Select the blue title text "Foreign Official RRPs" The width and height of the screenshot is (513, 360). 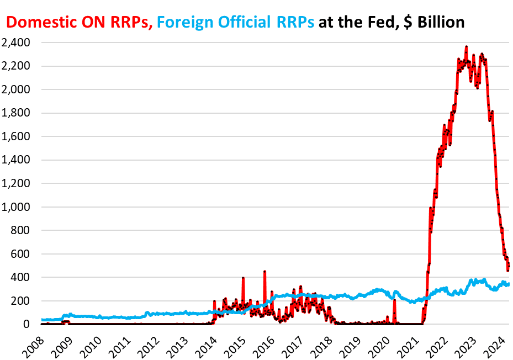[x=236, y=22]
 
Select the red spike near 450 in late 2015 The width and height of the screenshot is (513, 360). [x=265, y=272]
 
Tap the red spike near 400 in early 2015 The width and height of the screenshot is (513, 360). [x=243, y=278]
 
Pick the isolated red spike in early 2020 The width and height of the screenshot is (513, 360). [x=395, y=300]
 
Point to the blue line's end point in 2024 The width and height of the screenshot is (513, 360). [x=509, y=284]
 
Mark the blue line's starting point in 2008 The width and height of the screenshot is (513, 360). [x=42, y=320]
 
